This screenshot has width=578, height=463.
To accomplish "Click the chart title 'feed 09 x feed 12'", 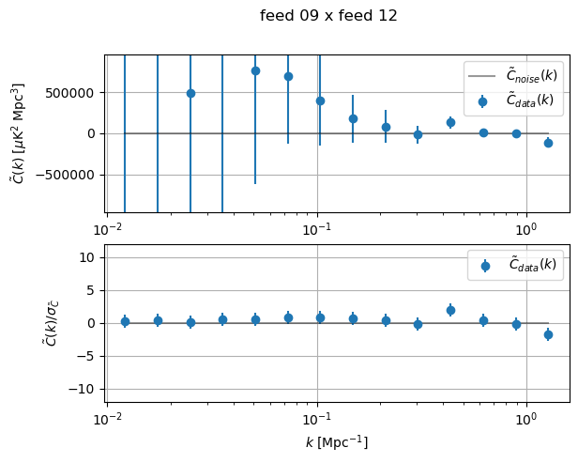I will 328,16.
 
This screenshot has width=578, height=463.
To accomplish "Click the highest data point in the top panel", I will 255,70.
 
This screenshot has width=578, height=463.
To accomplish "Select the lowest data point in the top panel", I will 548,143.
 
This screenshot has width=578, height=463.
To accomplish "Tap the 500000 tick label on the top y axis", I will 74,93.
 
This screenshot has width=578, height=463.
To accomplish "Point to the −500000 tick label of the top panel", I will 70,175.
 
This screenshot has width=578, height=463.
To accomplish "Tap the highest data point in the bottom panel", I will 450,310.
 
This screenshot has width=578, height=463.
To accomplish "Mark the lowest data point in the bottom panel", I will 548,334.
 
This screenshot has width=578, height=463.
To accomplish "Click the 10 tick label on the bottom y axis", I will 89,257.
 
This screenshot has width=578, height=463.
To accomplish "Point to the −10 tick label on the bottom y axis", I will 85,389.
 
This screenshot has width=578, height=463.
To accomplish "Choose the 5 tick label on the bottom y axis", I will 93,290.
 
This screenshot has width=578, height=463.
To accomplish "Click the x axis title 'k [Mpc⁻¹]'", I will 336,441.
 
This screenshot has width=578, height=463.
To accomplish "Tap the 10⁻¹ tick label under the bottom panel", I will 317,418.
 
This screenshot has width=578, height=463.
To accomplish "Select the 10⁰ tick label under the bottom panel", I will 526,418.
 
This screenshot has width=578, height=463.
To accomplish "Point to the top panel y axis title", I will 18,132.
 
